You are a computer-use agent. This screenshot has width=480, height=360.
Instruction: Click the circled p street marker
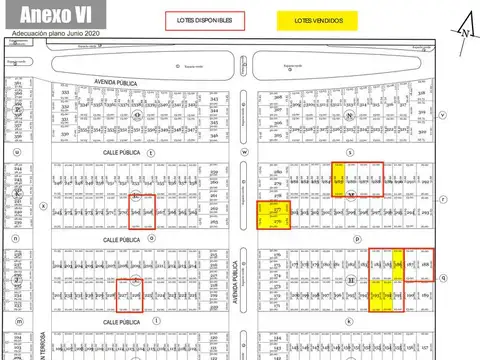click(x=356, y=240)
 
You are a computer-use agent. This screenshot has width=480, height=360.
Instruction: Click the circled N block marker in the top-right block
click(x=349, y=115)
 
